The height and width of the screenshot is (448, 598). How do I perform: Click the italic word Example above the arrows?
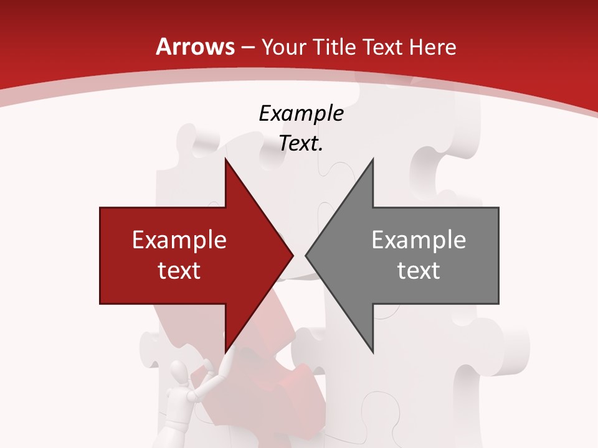point(301,114)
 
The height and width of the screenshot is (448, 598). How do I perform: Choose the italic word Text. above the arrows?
point(301,144)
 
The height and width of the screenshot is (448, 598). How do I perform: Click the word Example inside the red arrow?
point(179,240)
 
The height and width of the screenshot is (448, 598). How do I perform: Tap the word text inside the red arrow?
point(179,270)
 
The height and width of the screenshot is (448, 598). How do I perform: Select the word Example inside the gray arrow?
point(419,240)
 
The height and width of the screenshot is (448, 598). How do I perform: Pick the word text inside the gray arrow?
point(419,270)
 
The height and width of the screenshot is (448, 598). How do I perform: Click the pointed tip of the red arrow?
point(292,255)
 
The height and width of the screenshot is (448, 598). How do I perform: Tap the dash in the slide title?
point(247,47)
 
